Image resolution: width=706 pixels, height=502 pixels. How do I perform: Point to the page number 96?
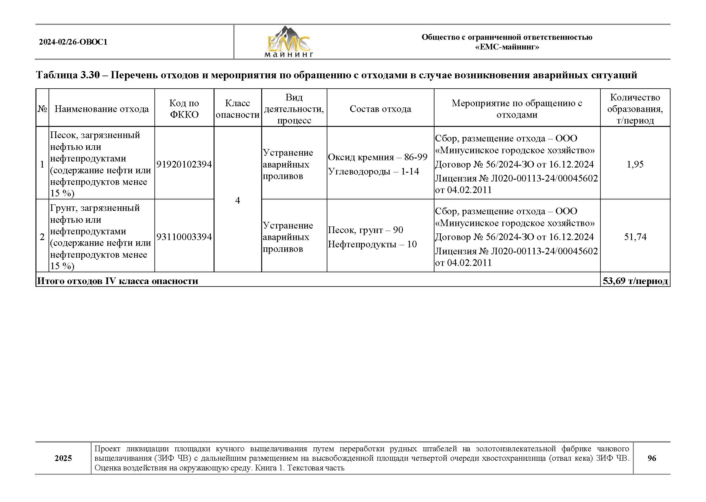651,458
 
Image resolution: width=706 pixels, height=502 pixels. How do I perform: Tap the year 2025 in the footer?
63,458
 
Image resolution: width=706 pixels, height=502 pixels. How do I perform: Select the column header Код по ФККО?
184,109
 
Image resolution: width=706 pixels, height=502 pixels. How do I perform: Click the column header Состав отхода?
380,109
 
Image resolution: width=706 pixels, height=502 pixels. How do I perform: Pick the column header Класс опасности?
237,109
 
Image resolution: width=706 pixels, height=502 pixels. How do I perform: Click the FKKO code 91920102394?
184,164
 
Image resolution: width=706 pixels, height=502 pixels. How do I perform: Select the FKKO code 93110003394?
184,237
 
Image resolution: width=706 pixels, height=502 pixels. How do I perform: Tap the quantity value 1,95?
635,164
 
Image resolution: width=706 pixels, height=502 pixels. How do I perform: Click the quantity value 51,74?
635,237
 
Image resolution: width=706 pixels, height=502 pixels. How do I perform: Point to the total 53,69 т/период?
635,281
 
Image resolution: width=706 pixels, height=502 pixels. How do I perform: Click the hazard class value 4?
237,201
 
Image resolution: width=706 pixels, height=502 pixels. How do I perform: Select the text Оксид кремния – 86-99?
377,157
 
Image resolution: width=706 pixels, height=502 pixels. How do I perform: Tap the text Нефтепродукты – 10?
372,244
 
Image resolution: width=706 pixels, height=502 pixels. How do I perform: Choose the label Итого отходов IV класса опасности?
118,281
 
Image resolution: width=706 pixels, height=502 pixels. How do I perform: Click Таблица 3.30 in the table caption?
68,75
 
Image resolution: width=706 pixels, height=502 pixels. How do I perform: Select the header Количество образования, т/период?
635,109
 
